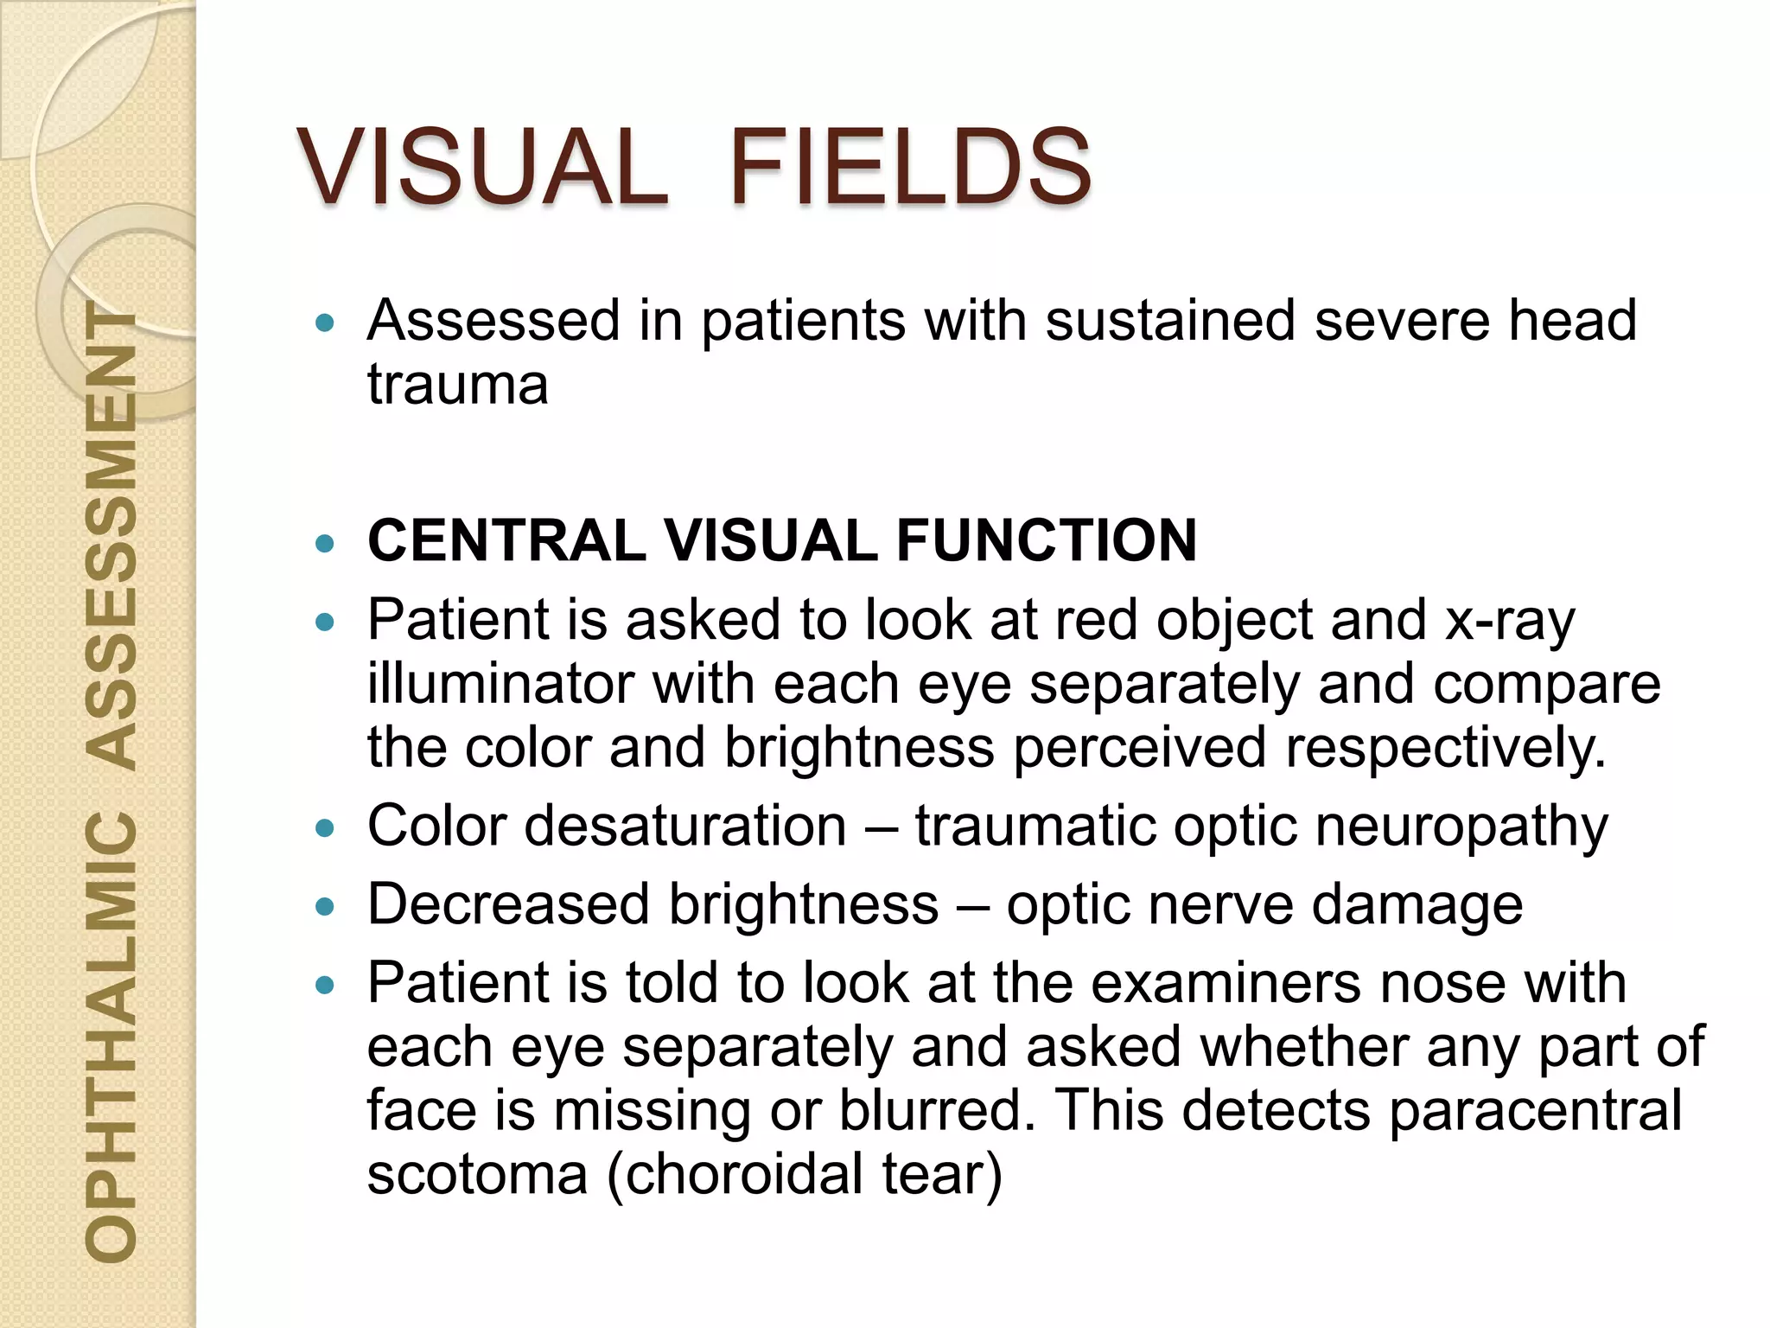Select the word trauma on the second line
pos(457,384)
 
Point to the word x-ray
pos(1510,621)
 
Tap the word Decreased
pos(508,904)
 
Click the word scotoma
pos(477,1174)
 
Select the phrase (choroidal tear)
pos(805,1174)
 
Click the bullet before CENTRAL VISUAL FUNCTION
pos(325,543)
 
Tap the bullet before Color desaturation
pos(325,828)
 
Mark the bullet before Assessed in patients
pos(325,323)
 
